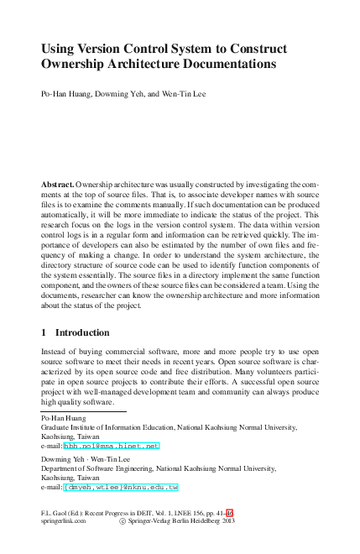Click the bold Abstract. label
[57, 183]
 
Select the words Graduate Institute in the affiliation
[70, 427]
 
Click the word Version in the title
[103, 49]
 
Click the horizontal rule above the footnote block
[83, 411]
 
